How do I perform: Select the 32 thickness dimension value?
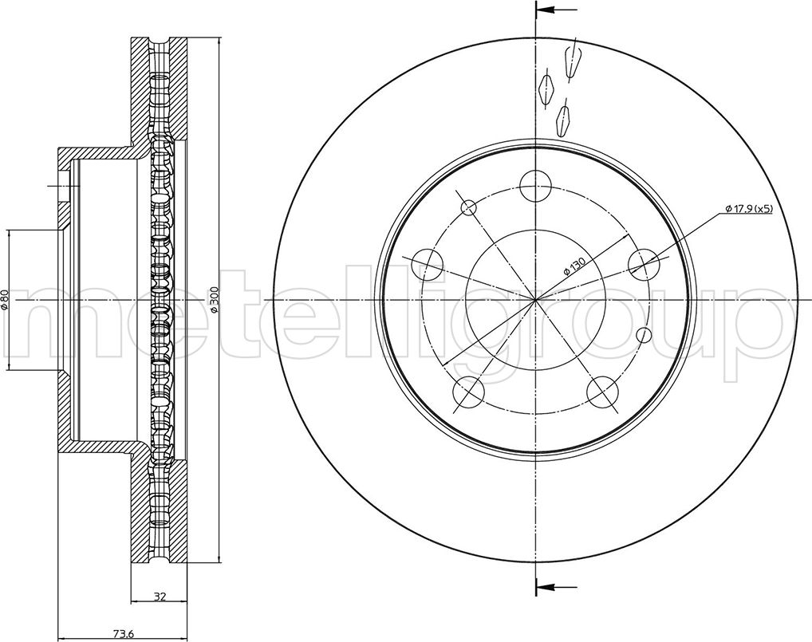pos(160,596)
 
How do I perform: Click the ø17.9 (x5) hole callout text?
pos(750,208)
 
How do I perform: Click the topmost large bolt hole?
pos(535,185)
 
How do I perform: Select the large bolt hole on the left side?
pos(428,264)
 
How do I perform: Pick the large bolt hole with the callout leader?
pos(644,264)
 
